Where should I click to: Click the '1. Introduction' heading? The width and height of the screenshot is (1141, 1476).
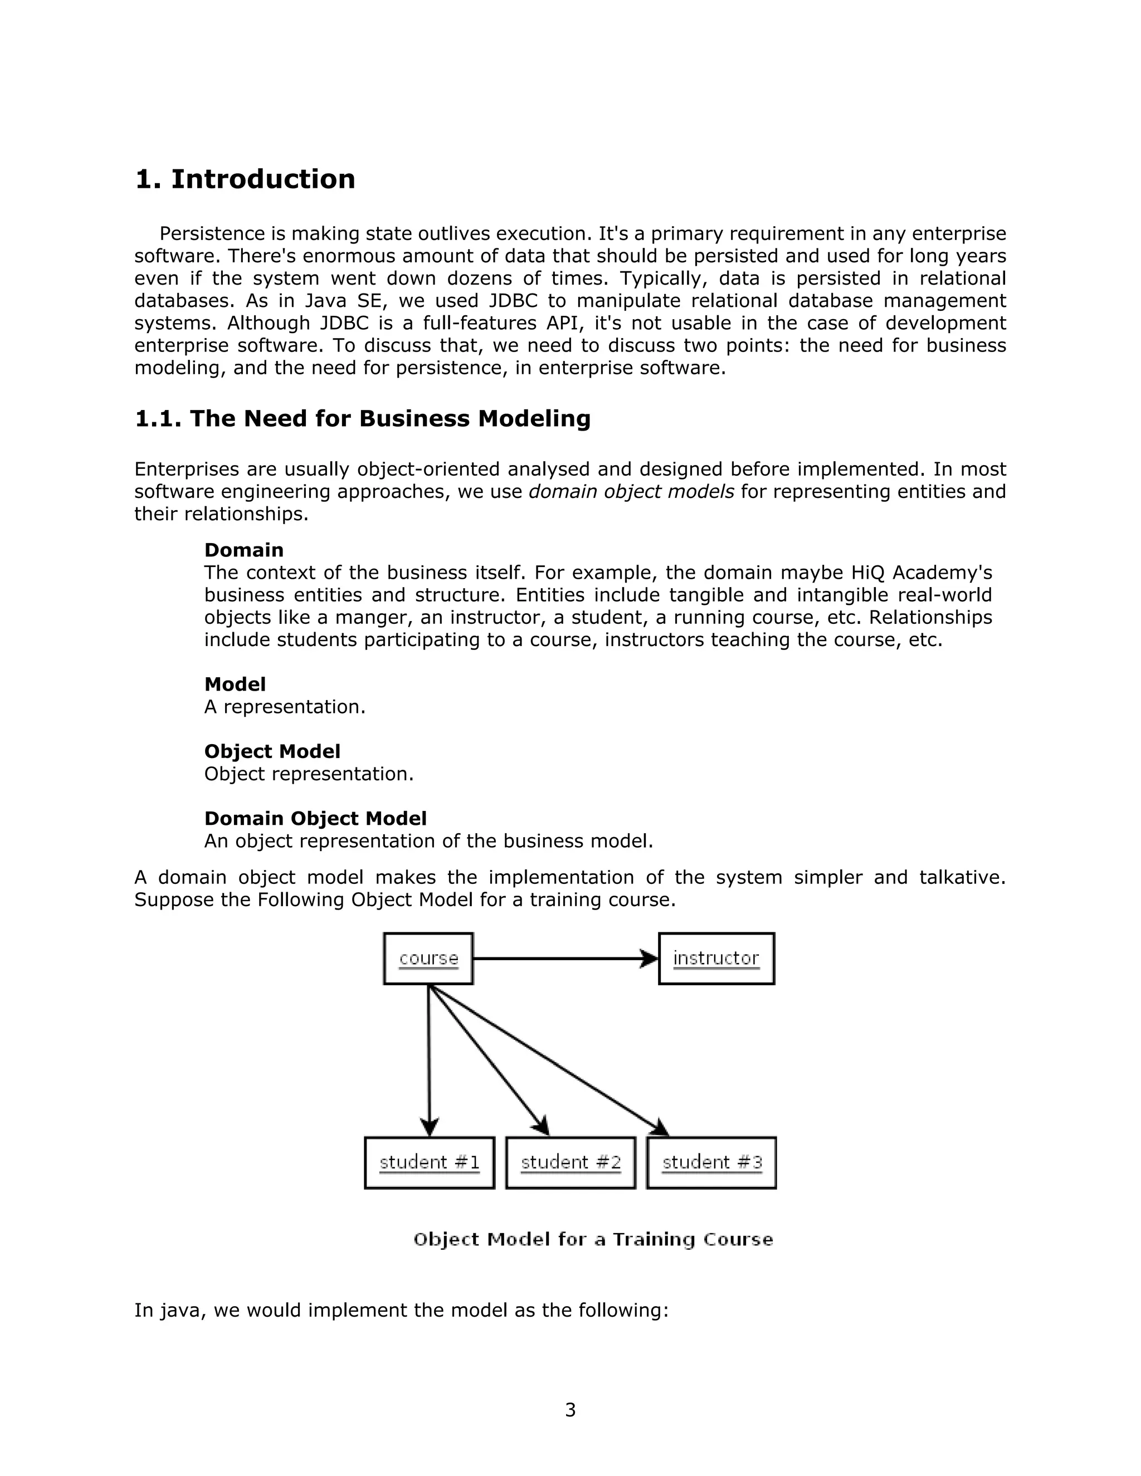point(245,180)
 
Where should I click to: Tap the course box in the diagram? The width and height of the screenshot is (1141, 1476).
point(428,959)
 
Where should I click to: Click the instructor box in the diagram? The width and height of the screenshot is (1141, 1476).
point(716,959)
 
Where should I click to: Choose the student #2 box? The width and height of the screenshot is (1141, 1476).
point(570,1162)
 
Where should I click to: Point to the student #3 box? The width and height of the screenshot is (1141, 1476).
point(712,1162)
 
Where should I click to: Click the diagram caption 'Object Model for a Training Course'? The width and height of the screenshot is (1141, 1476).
point(593,1239)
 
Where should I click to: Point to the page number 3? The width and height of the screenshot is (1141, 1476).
point(570,1410)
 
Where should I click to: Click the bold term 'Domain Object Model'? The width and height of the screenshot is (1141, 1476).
point(315,818)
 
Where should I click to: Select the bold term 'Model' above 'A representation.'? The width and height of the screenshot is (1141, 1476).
point(235,685)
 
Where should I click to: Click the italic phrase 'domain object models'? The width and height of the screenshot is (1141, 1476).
point(631,491)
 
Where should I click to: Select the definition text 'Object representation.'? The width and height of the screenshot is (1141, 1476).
point(309,774)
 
